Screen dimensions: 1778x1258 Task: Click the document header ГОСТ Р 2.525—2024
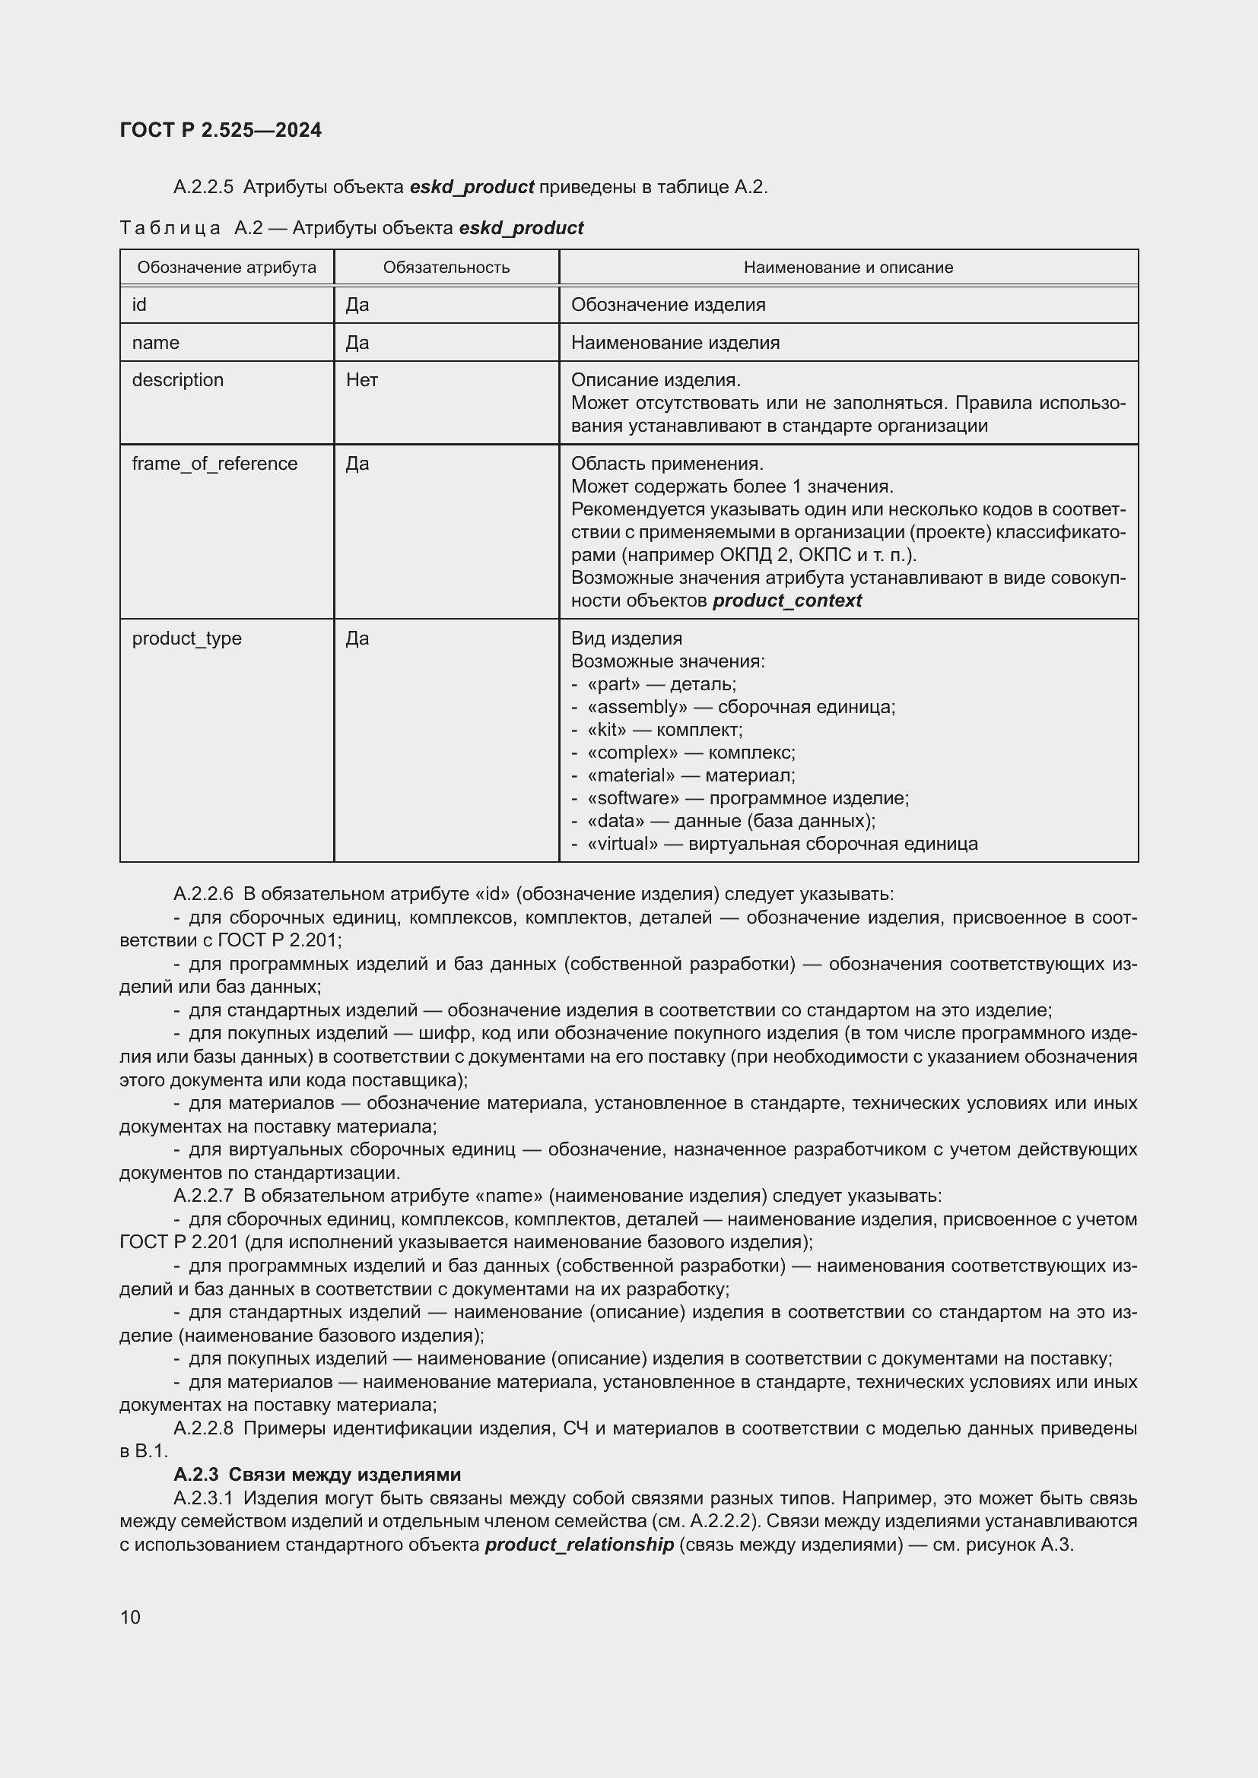click(221, 130)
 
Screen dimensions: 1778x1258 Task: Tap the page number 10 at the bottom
click(130, 1617)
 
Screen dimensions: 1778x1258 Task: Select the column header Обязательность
click(446, 267)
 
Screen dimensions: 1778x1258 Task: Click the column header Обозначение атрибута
click(226, 267)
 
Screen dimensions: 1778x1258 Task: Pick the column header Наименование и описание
click(848, 267)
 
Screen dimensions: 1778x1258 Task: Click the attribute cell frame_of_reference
click(214, 464)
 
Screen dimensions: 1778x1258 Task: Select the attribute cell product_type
click(186, 639)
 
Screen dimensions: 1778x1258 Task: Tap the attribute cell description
click(177, 380)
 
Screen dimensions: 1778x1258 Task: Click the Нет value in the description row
click(362, 380)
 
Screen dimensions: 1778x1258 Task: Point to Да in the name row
click(357, 343)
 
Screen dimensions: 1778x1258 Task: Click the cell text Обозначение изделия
click(668, 305)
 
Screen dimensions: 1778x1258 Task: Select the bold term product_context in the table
click(786, 601)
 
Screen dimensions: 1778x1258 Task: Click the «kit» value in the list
click(607, 731)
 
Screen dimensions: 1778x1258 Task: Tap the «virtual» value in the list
click(623, 844)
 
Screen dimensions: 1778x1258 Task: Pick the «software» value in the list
click(634, 798)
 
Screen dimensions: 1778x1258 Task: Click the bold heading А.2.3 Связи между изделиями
click(317, 1475)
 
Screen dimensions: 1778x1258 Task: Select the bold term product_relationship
click(579, 1544)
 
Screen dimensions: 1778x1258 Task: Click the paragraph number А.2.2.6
click(203, 895)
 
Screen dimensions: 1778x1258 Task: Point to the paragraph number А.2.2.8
click(203, 1429)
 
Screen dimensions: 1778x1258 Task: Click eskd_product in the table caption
click(520, 229)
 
